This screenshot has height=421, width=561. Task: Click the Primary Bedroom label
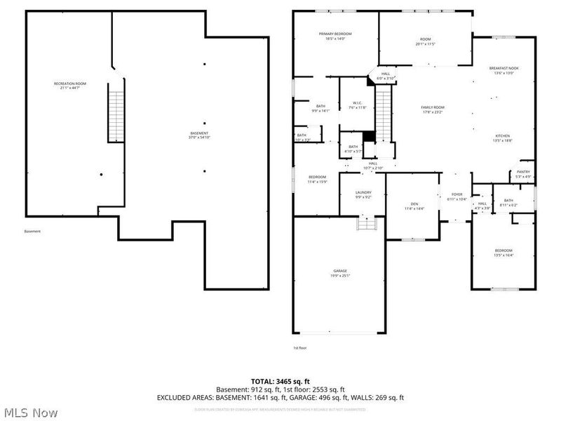(335, 34)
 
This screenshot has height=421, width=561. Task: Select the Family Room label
(433, 107)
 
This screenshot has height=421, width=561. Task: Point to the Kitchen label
(503, 135)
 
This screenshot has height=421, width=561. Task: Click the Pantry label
(523, 172)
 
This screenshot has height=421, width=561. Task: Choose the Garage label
(340, 271)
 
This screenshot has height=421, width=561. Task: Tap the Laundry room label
(363, 192)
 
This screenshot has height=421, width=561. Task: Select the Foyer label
(457, 195)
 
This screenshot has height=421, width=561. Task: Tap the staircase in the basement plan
(116, 112)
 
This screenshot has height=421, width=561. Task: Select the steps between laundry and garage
(367, 223)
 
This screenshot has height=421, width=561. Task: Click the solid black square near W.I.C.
(368, 137)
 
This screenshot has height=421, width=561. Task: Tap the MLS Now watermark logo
(29, 412)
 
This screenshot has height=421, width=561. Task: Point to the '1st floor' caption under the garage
(299, 347)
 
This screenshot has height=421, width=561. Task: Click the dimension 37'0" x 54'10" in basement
(199, 138)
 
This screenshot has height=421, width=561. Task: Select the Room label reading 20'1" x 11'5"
(425, 41)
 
